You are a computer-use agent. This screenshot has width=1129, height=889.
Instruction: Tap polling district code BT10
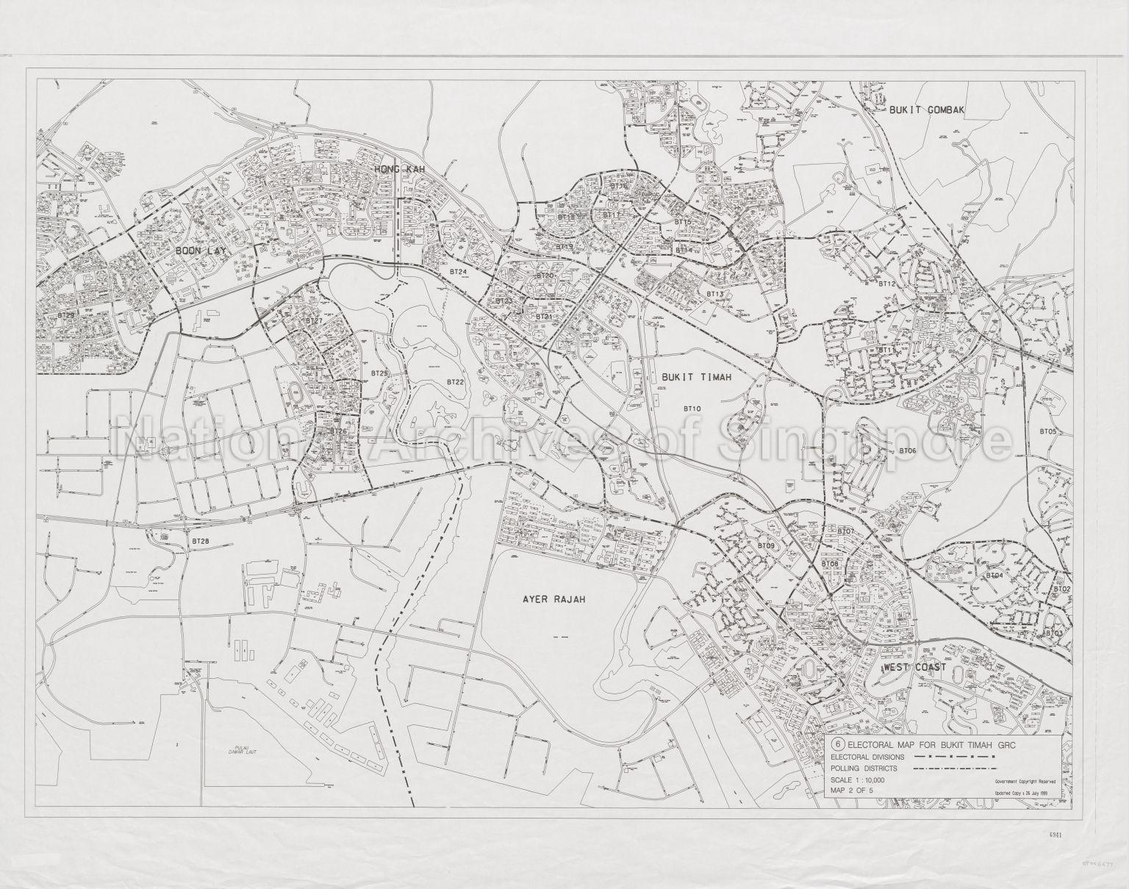pyautogui.click(x=692, y=407)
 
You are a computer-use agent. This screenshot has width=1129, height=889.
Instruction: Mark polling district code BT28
pyautogui.click(x=200, y=541)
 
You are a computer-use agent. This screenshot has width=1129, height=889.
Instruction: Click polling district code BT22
pyautogui.click(x=456, y=382)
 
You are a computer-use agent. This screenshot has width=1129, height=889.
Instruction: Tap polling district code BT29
pyautogui.click(x=67, y=314)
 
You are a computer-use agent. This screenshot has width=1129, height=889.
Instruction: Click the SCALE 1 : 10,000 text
pyautogui.click(x=858, y=780)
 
